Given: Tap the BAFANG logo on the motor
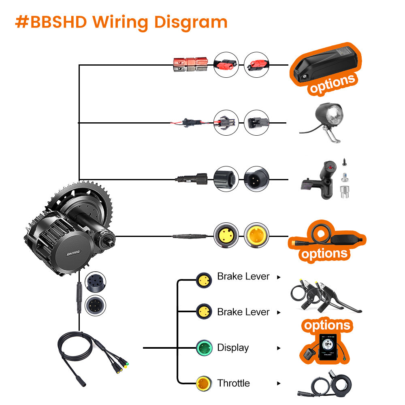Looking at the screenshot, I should click(74, 252).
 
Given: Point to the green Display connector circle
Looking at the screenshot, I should click(204, 347).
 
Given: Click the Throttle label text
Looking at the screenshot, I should click(233, 383).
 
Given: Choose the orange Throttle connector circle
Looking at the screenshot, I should click(204, 383).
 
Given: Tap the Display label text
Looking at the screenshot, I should click(233, 347).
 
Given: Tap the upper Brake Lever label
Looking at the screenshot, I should click(243, 277).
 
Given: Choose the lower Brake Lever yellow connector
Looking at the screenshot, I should click(204, 312).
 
